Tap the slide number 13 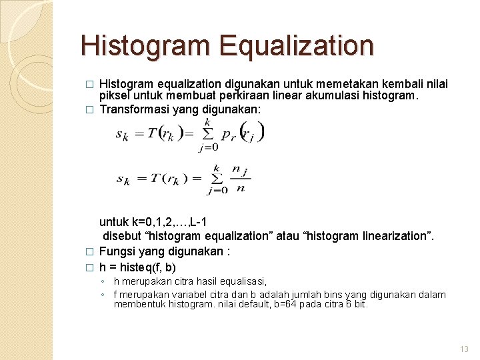[x=464, y=349]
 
